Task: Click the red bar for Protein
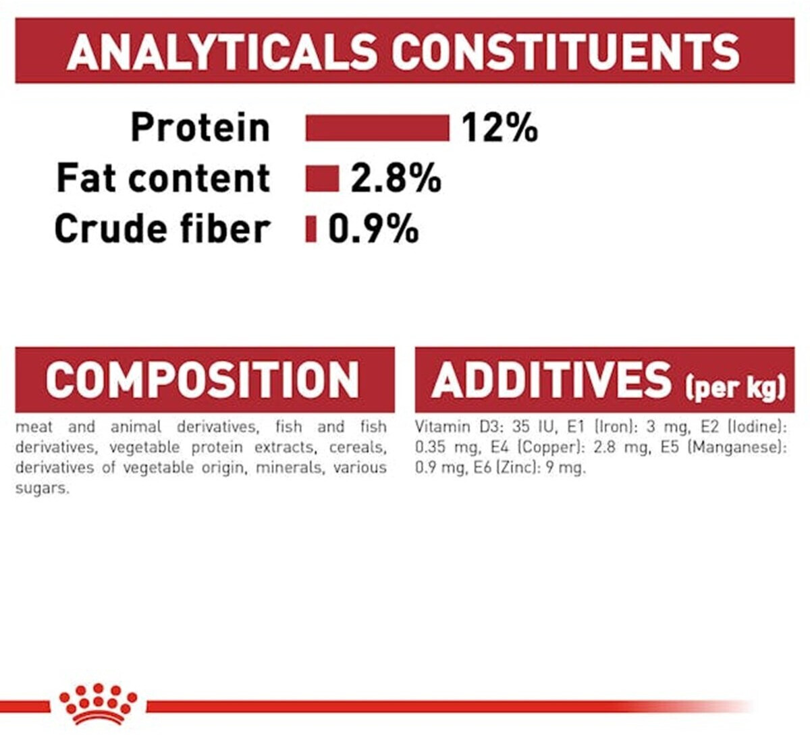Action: [x=377, y=128]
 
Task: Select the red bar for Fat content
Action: [x=322, y=178]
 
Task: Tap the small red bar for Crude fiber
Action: [x=311, y=229]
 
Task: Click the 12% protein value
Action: [x=500, y=128]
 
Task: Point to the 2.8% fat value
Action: [x=396, y=178]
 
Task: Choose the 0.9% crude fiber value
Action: [x=373, y=229]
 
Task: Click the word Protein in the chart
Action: [x=200, y=127]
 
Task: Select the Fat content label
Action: [x=163, y=178]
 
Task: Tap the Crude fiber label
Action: [x=162, y=229]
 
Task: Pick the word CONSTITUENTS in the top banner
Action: [x=566, y=52]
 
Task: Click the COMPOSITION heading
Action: [x=202, y=380]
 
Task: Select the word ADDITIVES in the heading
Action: [x=551, y=380]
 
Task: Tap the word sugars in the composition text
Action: [x=42, y=489]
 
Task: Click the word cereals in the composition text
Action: [x=358, y=447]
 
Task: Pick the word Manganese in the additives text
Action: [x=737, y=447]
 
